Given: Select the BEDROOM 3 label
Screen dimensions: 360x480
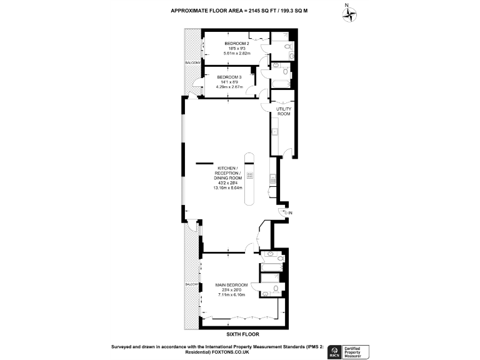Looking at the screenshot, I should (229, 77).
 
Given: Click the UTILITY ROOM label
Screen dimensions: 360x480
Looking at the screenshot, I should (284, 111).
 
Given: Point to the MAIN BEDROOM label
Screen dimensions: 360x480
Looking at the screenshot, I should (232, 285).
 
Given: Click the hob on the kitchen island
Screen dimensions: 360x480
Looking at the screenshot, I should (249, 176).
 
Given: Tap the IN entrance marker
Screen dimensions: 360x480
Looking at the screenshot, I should (289, 213).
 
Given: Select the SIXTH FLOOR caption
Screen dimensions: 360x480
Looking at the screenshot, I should (239, 334).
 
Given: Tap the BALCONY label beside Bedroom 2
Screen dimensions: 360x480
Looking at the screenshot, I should (192, 63).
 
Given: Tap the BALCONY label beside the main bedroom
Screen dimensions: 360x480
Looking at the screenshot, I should (191, 284).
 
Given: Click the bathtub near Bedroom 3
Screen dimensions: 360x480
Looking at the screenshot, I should (277, 82).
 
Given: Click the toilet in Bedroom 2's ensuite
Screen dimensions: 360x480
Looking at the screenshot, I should (287, 46).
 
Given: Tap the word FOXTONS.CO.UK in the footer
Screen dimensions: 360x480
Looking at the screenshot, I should (231, 351).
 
